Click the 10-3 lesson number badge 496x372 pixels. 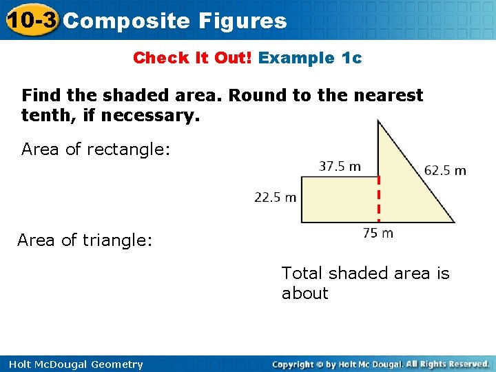click(30, 20)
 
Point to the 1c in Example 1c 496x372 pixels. click(351, 58)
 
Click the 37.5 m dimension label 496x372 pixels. click(340, 167)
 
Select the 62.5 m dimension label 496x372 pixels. click(445, 170)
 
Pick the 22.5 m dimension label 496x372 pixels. click(275, 198)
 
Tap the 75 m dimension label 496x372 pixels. click(378, 234)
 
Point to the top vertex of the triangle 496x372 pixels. click(378, 122)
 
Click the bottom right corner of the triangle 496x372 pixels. click(454, 222)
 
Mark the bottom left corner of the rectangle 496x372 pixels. click(302, 222)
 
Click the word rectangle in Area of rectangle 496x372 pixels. click(129, 149)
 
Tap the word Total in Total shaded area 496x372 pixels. click(302, 273)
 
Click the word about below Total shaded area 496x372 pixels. click(304, 293)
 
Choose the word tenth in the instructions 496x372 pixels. click(42, 116)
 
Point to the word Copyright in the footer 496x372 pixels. click(297, 364)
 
